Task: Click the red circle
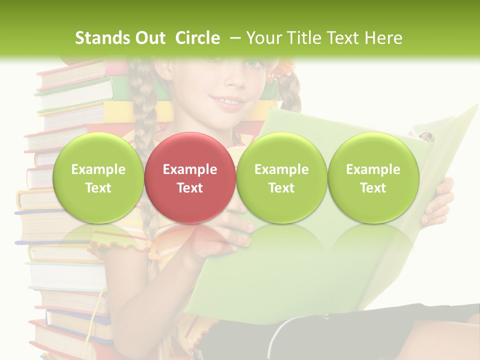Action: [x=190, y=177]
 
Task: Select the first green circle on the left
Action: [x=98, y=177]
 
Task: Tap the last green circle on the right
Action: [x=373, y=177]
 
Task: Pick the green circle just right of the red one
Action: [x=281, y=177]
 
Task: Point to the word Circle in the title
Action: [x=197, y=38]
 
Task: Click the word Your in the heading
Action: [x=263, y=38]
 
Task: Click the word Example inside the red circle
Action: [x=190, y=169]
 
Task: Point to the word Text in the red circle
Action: [x=190, y=188]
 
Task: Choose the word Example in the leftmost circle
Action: [x=98, y=169]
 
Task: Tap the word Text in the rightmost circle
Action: [x=373, y=188]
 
